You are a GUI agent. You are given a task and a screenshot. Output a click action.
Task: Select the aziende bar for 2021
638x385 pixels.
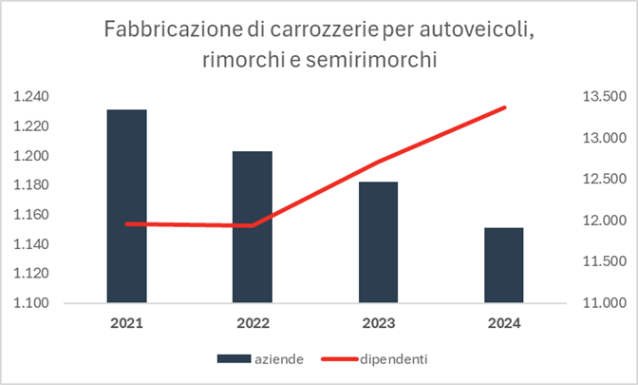click(x=126, y=206)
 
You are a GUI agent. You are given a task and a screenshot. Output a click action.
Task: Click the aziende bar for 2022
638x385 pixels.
click(x=253, y=227)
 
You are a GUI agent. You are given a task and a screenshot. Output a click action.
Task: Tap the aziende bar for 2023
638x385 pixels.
click(x=379, y=242)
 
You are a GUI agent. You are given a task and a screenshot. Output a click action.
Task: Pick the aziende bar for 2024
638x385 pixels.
click(x=504, y=265)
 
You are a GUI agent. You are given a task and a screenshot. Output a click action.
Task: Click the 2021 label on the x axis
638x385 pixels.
click(x=126, y=323)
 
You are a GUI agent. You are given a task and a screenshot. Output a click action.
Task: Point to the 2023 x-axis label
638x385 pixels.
click(x=379, y=323)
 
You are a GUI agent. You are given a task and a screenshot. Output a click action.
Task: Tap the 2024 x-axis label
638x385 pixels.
click(x=504, y=323)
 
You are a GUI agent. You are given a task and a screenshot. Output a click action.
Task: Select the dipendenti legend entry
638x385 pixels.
click(x=391, y=358)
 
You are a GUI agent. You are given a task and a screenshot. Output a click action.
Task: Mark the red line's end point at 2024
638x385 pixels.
click(x=504, y=107)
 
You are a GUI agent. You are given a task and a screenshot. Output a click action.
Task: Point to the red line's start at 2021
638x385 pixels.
click(x=127, y=223)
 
